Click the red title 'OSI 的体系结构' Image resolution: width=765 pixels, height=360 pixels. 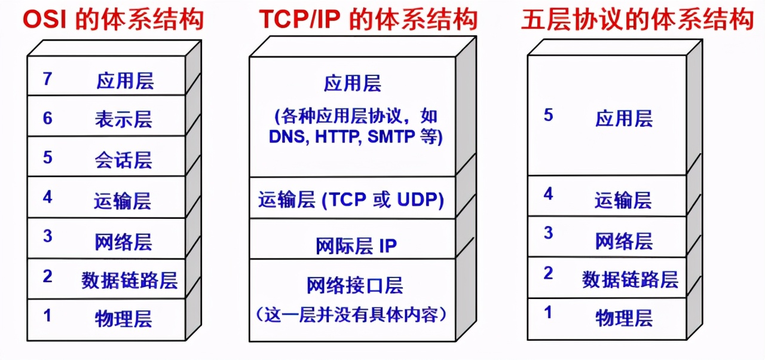[114, 20]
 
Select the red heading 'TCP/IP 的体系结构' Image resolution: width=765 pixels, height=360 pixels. [368, 20]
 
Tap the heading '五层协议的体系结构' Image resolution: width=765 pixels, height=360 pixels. [637, 20]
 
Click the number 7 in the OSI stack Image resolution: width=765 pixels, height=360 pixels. [48, 79]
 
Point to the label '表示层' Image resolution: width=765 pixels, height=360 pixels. [124, 119]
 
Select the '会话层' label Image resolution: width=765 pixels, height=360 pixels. [124, 160]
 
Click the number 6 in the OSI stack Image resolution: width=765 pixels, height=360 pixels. [48, 118]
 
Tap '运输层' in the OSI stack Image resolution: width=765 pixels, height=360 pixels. [124, 200]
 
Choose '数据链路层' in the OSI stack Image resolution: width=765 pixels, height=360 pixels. [130, 280]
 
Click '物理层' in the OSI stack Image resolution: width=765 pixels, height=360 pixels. [124, 318]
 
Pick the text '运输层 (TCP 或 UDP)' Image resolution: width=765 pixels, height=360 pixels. [351, 200]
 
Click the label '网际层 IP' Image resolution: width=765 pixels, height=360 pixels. [356, 245]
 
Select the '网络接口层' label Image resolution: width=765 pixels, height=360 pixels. [355, 286]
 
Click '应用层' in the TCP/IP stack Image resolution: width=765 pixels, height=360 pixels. [353, 84]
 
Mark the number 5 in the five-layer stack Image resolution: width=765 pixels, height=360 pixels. [548, 115]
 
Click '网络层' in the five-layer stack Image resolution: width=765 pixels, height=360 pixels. [624, 241]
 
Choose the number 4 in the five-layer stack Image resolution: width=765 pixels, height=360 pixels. [548, 194]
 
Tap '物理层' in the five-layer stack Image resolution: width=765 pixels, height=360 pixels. [624, 318]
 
